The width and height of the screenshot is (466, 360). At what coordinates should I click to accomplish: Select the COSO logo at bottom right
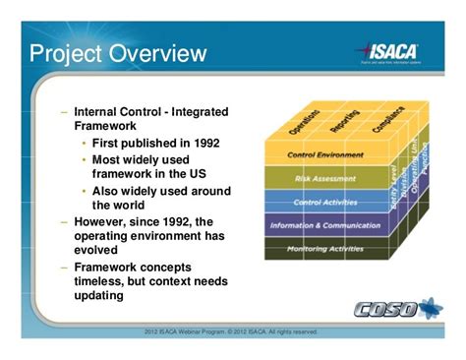point(398,309)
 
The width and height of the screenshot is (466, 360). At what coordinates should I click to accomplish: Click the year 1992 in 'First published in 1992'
point(202,143)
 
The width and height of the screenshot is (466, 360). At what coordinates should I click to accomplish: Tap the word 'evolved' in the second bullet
point(100,251)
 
